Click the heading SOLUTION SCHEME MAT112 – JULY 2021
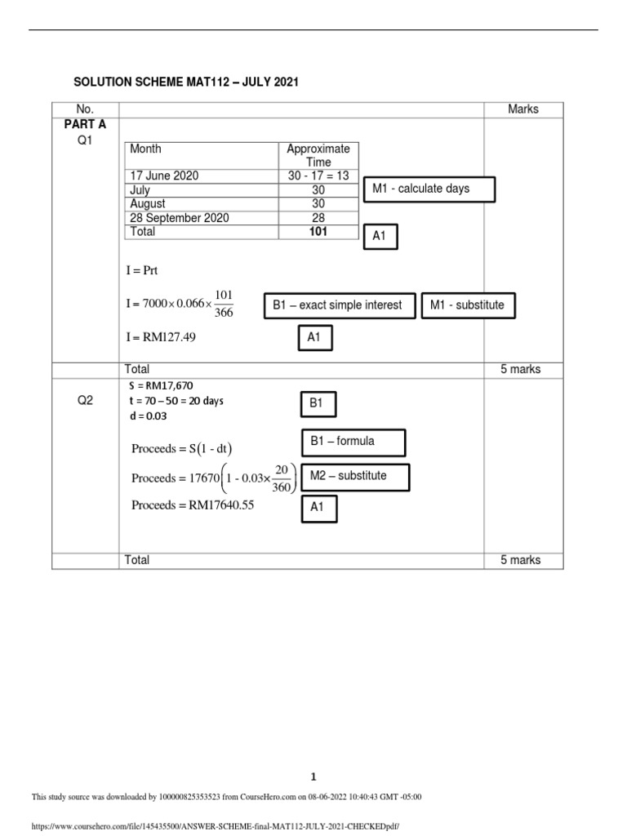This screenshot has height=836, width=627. [186, 82]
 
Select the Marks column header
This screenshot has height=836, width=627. [522, 109]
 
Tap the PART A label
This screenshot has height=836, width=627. [86, 125]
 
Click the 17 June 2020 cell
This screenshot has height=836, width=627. [164, 176]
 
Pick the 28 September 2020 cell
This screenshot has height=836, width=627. [180, 218]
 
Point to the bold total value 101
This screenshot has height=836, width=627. [318, 232]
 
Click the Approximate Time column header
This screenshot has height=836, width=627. [318, 155]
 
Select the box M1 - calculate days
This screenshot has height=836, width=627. [429, 189]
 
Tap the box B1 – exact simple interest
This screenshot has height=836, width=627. [338, 305]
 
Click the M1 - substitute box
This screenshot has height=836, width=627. [468, 305]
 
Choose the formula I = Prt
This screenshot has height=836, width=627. [141, 270]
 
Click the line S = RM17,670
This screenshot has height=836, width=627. [162, 385]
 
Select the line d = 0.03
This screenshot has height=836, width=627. [147, 416]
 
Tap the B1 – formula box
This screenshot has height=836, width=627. [353, 442]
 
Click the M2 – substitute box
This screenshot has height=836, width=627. [355, 476]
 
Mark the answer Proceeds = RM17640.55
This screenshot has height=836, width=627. [193, 505]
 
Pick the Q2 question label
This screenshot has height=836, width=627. [86, 401]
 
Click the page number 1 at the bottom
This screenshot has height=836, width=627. [313, 777]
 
